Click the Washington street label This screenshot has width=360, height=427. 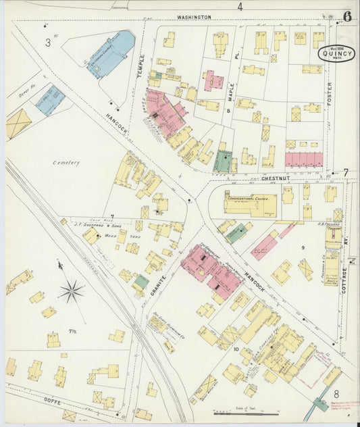click(194, 17)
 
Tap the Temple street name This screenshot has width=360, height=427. click(142, 64)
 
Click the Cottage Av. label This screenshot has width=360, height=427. click(343, 279)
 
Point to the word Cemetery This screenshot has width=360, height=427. click(68, 162)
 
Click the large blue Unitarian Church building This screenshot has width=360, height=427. click(110, 54)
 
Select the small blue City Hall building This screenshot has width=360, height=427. click(51, 100)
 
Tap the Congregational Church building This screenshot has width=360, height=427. click(251, 203)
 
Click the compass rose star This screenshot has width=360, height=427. click(71, 292)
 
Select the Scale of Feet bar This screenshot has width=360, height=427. click(242, 413)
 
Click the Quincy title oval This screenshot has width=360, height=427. click(334, 53)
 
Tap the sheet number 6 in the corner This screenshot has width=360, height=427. click(346, 16)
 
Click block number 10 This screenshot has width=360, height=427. click(236, 349)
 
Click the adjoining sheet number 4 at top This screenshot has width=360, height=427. click(239, 7)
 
